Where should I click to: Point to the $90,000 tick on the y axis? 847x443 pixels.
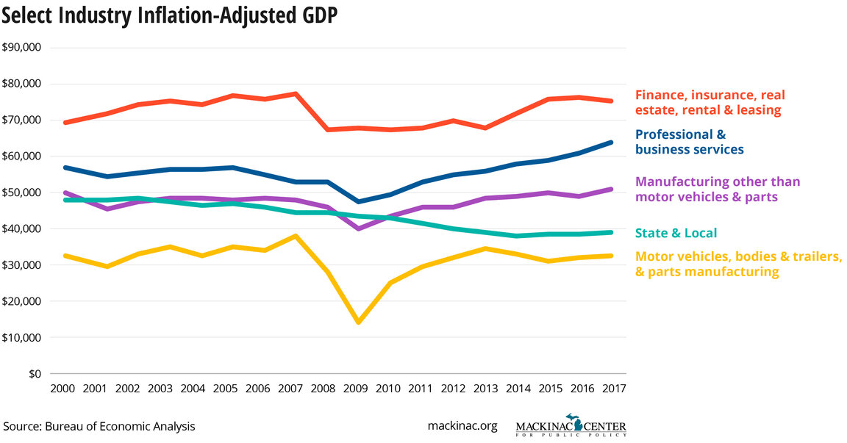[x=21, y=48]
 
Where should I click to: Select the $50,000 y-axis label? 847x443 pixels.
[x=21, y=192]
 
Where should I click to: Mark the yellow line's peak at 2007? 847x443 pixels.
[x=296, y=236]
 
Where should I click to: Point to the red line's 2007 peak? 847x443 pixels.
[x=296, y=94]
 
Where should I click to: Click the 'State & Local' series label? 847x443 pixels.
[x=676, y=233]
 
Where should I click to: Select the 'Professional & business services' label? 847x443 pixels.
[x=689, y=142]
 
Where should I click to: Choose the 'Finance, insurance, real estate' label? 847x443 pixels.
[x=710, y=102]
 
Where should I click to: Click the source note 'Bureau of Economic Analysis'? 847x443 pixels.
[x=99, y=426]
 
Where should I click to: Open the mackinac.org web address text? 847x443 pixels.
[x=462, y=426]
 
